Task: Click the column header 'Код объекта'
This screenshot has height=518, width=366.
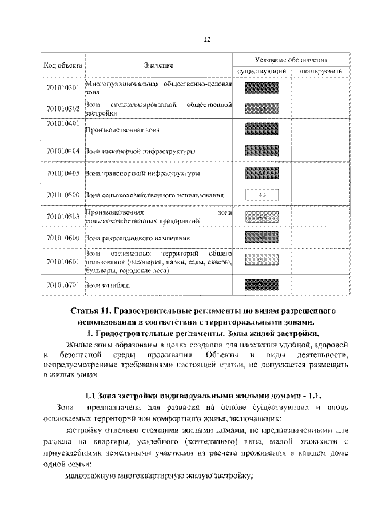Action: [x=62, y=65]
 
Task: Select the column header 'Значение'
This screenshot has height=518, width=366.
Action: [x=158, y=65]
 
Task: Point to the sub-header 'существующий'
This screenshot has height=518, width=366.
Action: [x=261, y=71]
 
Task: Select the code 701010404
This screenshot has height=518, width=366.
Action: [x=62, y=152]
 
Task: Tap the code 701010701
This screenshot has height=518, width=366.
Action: [x=62, y=283]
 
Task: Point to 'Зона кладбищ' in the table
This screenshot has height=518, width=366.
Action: [x=108, y=284]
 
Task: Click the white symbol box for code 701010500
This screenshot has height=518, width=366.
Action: [x=261, y=195]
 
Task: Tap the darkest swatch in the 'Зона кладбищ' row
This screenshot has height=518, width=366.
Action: [x=261, y=283]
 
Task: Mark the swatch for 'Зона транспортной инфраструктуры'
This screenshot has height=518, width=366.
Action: [x=261, y=172]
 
